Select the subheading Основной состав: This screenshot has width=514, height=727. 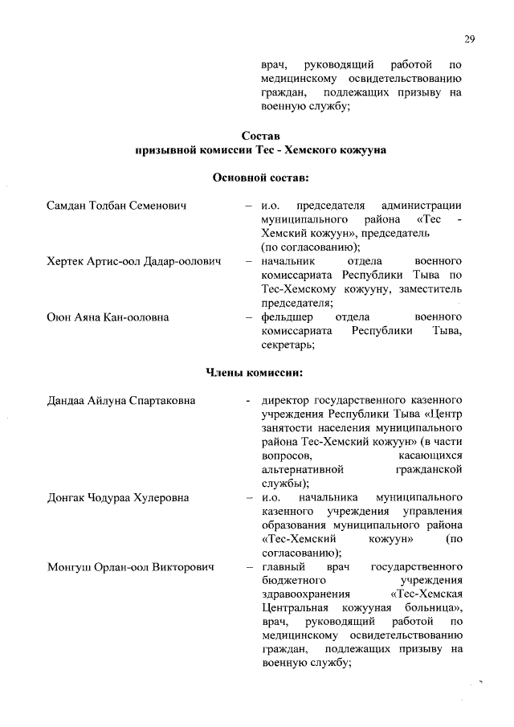coord(261,176)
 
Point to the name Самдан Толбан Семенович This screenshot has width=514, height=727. coord(116,206)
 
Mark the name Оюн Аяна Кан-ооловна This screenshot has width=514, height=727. coord(108,317)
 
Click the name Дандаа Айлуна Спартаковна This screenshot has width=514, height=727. coord(120,400)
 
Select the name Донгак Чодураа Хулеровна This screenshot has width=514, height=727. coord(117,498)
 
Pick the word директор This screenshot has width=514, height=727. coord(286,400)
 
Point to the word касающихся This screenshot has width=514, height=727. coord(432,455)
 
